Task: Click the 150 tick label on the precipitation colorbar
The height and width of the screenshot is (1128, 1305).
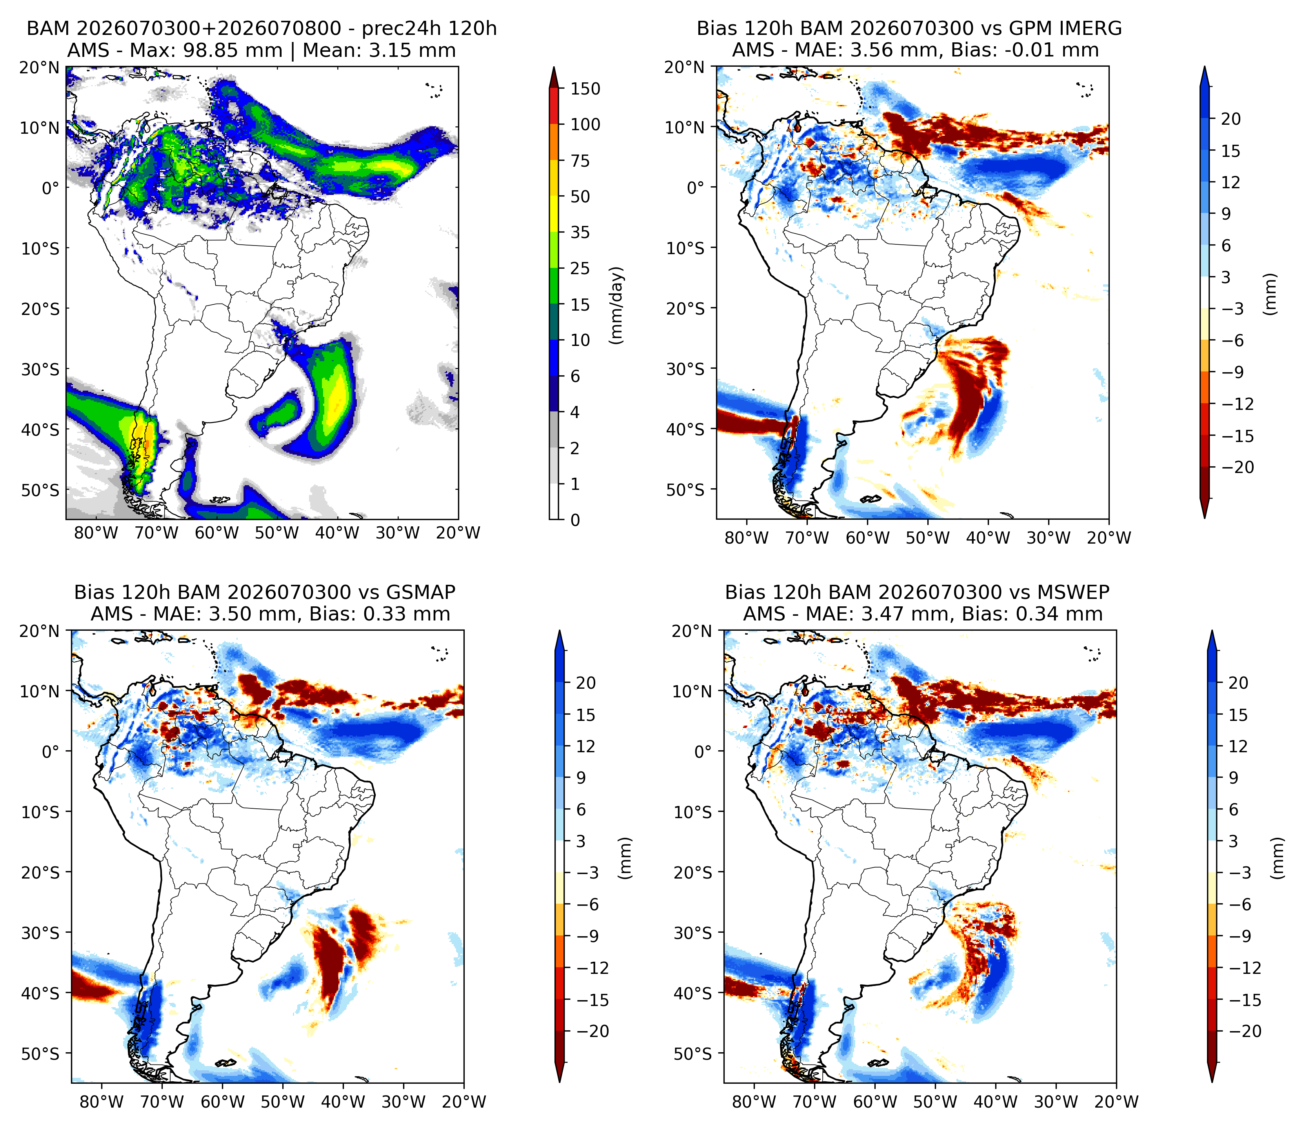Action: (585, 89)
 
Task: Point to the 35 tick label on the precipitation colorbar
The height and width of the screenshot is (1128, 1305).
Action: (580, 233)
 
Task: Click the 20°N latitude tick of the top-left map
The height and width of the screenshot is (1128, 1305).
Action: (39, 67)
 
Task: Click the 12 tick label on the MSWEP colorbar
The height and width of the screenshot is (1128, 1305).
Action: (1238, 746)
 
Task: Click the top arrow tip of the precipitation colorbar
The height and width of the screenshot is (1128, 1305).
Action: (554, 67)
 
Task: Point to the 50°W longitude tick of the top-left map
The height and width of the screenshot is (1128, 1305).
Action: (277, 533)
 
